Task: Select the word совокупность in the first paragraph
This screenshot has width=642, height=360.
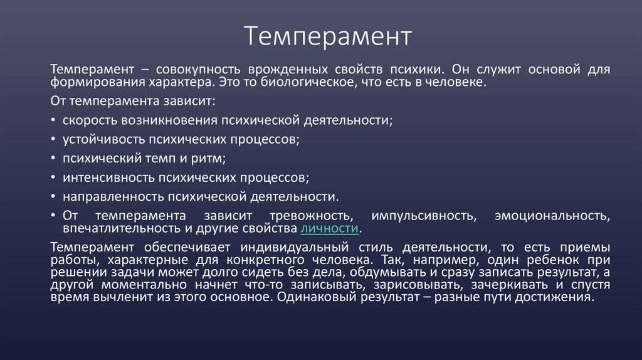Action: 197,68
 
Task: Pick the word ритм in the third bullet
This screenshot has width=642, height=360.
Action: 208,158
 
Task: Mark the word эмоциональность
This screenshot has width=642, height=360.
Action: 552,216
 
